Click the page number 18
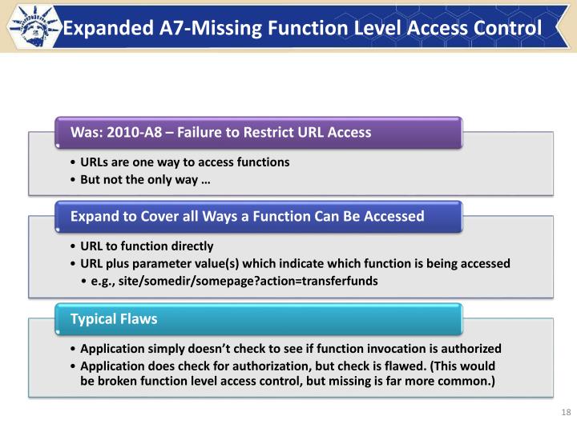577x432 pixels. coord(565,412)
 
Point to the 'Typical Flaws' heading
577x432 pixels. coord(114,319)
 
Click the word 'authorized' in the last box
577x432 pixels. coord(466,349)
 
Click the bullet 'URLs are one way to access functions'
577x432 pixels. coord(185,162)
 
